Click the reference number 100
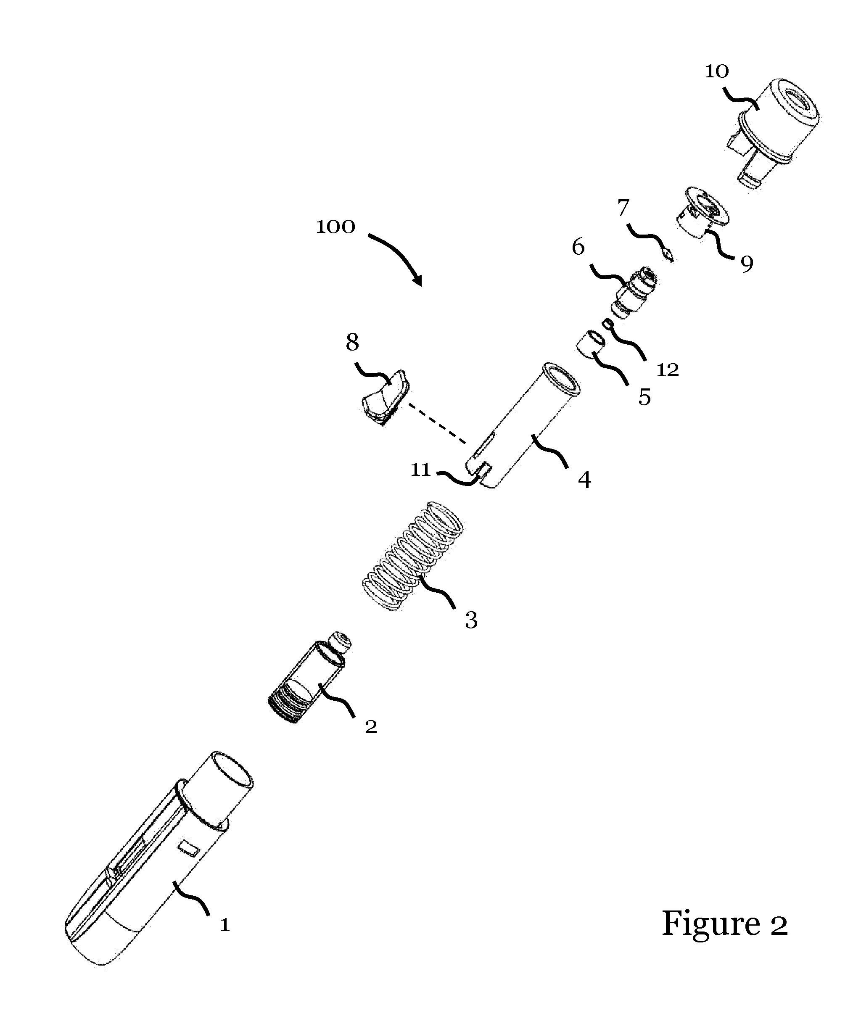(335, 227)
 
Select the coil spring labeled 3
(413, 556)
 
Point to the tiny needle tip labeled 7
(668, 254)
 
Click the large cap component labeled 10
(771, 134)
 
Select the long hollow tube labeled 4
(522, 425)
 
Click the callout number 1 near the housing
(224, 925)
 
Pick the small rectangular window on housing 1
(188, 847)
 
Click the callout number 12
(668, 370)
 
